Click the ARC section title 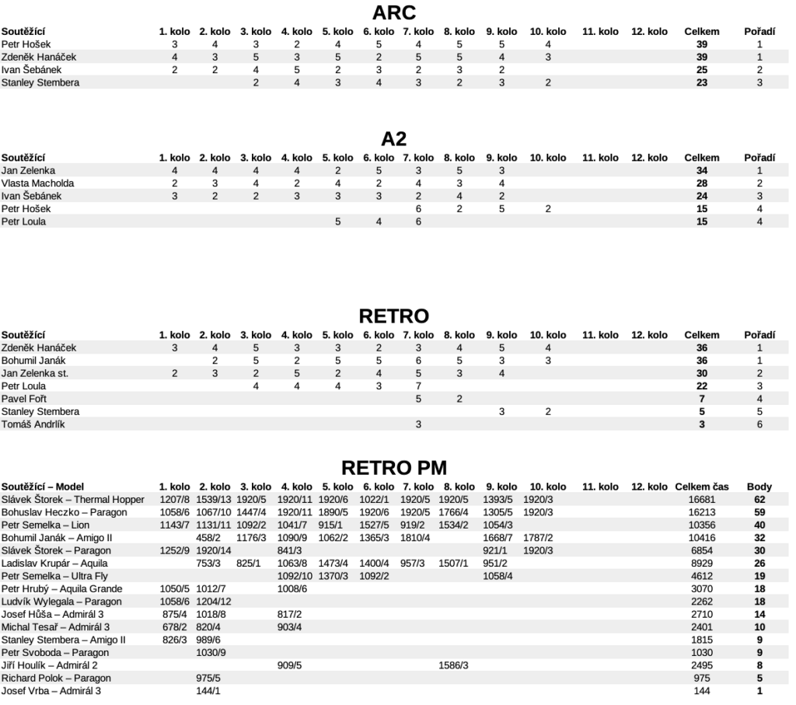(394, 12)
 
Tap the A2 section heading (394, 138)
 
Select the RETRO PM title (394, 467)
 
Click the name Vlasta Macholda (38, 183)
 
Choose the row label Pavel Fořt (24, 399)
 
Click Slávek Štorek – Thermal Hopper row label (73, 499)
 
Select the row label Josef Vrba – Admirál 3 (51, 690)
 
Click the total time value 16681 (702, 499)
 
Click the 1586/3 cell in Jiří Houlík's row (454, 665)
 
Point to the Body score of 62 (759, 499)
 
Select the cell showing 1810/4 (416, 537)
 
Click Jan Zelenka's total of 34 (702, 170)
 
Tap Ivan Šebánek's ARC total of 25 (702, 70)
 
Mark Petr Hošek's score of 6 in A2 (418, 209)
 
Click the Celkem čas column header (702, 487)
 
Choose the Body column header (759, 487)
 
